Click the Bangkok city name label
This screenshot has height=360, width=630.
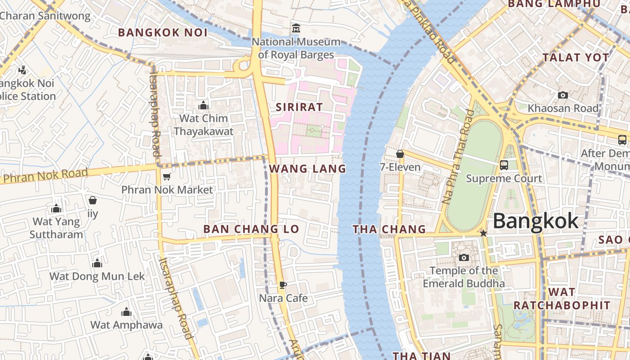[x=535, y=221]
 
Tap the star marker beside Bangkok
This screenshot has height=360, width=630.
[x=483, y=233]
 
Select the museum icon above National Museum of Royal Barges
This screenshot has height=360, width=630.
[x=296, y=28]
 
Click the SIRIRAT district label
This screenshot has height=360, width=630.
[x=299, y=107]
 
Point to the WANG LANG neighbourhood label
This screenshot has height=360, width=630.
[x=307, y=169]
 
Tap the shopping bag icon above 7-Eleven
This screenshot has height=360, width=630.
[x=400, y=154]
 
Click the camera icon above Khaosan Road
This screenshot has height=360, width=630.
[x=562, y=95]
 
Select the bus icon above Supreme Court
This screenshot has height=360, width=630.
[x=504, y=165]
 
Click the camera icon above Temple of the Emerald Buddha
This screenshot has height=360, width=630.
[x=463, y=257]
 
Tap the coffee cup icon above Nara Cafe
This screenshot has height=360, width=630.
[x=283, y=285]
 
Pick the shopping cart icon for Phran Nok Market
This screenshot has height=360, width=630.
[x=166, y=176]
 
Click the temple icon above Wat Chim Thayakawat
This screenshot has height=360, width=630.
[x=203, y=105]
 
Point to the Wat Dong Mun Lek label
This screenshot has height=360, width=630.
[x=97, y=276]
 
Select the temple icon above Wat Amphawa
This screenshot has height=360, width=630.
[x=126, y=312]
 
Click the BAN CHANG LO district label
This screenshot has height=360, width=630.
[x=251, y=229]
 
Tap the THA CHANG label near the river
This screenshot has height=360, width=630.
[x=389, y=229]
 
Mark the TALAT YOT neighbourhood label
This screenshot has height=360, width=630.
[x=576, y=58]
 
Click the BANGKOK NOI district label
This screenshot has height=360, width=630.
[x=162, y=32]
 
